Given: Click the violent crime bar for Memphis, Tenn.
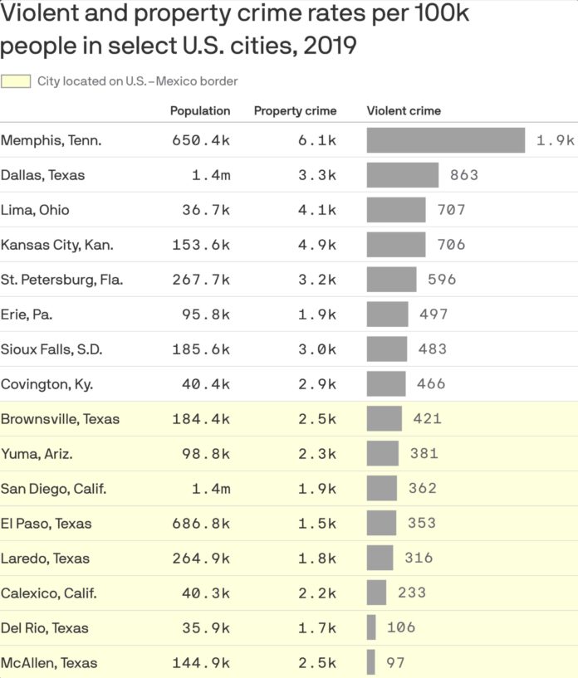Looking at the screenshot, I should click(446, 140).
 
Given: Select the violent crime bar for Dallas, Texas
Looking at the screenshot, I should click(403, 175).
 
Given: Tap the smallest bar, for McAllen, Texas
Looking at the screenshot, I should click(370, 663).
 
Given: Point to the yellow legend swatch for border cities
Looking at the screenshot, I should click(17, 81).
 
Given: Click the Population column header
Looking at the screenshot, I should click(200, 110).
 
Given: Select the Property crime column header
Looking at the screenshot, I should click(295, 110).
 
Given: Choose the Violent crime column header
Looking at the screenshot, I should click(404, 110).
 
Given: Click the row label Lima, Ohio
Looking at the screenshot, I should click(35, 210).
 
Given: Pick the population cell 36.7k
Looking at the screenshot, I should click(206, 210).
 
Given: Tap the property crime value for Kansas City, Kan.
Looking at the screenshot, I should click(317, 245).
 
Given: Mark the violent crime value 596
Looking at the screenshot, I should click(442, 280).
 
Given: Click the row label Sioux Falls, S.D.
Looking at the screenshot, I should click(51, 349).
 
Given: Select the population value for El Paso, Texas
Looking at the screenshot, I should click(201, 524).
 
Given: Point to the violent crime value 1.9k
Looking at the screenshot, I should click(555, 140).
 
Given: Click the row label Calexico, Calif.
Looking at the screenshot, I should click(49, 593).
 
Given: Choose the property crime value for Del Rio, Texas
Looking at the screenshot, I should click(317, 628).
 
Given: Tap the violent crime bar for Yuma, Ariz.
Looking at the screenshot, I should click(383, 454).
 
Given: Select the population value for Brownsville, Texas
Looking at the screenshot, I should click(201, 419).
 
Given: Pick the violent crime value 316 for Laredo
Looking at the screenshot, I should click(419, 558).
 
